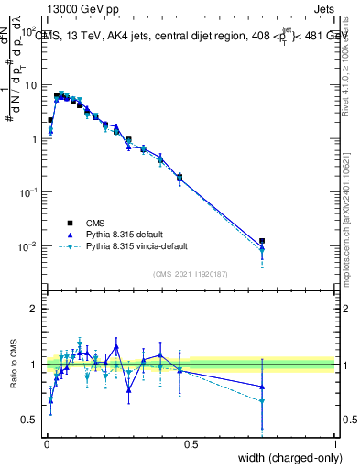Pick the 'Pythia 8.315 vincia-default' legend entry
tap(145, 247)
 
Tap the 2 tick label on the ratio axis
tap(35, 309)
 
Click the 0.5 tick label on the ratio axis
tap(30, 420)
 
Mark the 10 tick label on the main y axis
tap(31, 85)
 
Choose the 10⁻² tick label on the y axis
tap(27, 247)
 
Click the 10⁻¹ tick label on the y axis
tap(27, 193)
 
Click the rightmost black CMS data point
tap(262, 241)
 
